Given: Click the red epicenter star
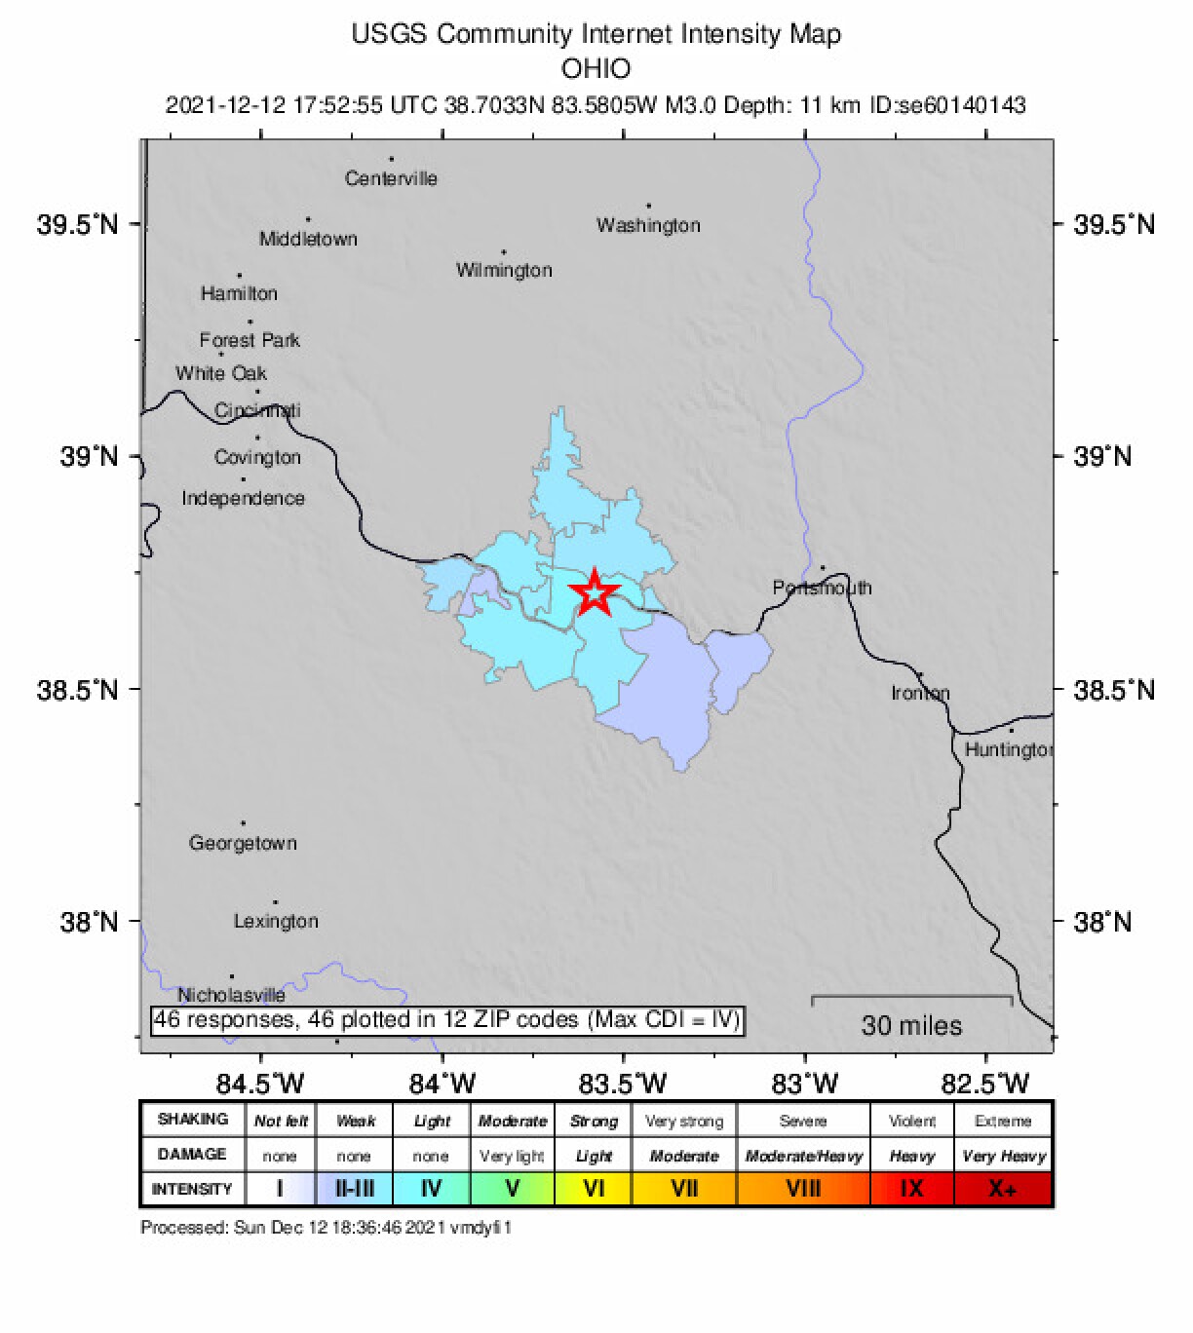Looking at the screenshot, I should [x=594, y=592].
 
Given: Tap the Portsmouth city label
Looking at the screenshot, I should [x=822, y=588].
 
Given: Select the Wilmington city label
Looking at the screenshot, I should [x=504, y=270].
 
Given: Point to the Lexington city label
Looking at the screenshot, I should [x=276, y=921].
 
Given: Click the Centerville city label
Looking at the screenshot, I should [x=391, y=178].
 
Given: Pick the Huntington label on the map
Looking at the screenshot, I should [x=1009, y=749].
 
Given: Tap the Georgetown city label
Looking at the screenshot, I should [x=243, y=843].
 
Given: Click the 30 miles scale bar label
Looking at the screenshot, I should [x=911, y=1025].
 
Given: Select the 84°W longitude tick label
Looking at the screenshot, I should [x=443, y=1084].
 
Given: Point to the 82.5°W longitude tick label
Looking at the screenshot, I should [x=985, y=1084].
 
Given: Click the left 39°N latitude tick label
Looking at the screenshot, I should [x=89, y=456].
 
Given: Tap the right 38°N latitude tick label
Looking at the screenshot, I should [x=1103, y=922].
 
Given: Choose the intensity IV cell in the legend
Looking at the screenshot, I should [x=431, y=1189].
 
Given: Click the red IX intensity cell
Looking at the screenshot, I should [x=911, y=1189].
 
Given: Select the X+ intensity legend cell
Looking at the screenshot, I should [x=1003, y=1189].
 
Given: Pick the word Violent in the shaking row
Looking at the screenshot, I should [x=911, y=1121].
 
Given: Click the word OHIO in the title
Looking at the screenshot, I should [x=596, y=69].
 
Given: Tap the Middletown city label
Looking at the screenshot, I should [x=308, y=239].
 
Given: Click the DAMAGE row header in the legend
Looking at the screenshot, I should [x=192, y=1155].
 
